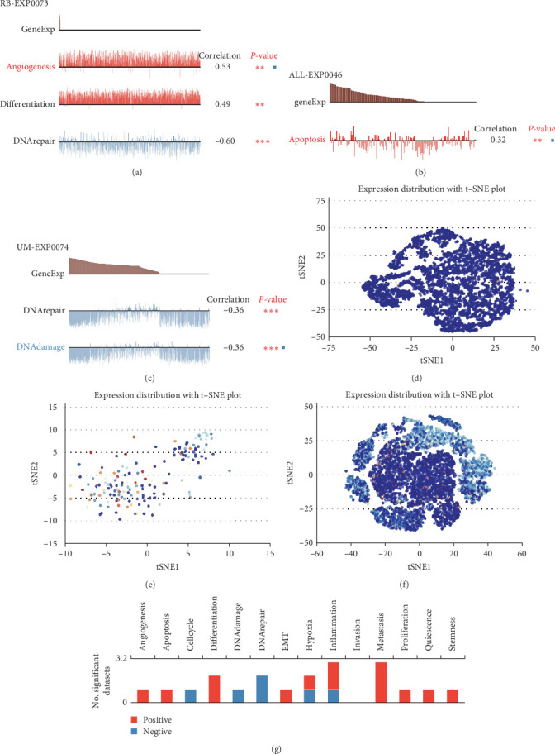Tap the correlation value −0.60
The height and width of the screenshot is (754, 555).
point(223,141)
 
